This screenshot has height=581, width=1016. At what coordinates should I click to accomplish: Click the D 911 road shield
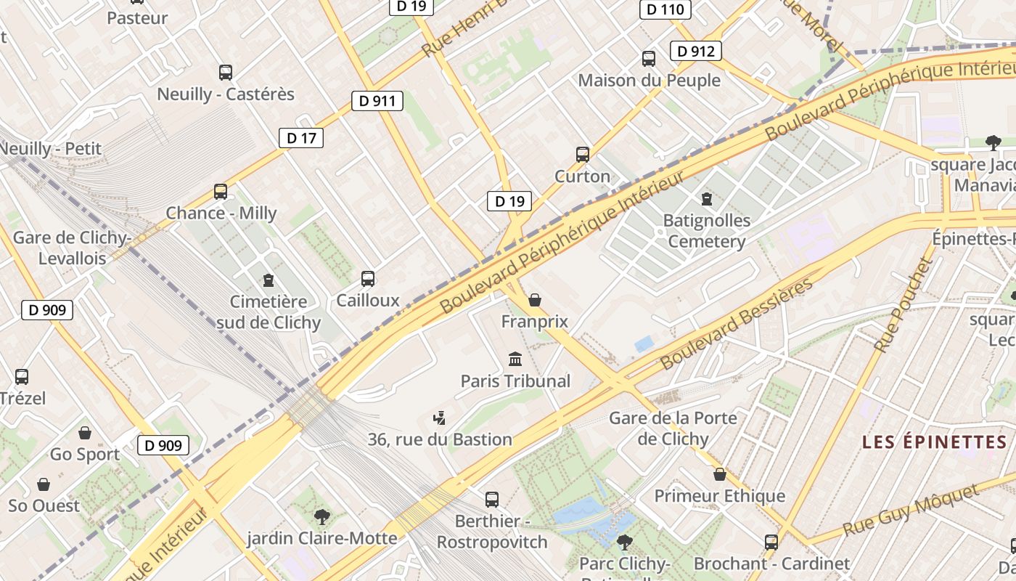point(377,101)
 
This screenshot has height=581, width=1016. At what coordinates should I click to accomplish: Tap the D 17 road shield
point(301,138)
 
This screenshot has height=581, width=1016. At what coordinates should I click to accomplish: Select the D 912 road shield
point(696,51)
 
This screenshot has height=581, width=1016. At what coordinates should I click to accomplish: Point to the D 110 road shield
point(665,9)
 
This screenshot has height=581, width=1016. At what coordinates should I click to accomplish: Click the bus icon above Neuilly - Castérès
point(226,73)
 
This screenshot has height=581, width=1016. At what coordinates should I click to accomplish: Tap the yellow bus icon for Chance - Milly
point(221,192)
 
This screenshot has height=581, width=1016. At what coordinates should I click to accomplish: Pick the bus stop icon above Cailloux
point(368,279)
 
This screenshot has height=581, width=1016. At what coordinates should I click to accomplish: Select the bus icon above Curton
point(583,155)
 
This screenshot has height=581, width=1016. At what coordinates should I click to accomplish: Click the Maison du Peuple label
point(649,81)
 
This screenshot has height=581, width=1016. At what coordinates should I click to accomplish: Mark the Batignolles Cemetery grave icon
point(707,198)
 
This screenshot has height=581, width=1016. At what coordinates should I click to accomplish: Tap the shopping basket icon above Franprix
point(535,300)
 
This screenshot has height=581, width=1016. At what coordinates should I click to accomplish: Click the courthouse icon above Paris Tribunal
point(516,359)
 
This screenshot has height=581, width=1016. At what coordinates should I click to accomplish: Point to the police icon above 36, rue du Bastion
point(439,418)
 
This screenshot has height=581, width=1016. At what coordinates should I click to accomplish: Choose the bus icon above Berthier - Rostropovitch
point(492,500)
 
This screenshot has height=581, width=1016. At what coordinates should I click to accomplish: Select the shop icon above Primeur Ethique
point(720,474)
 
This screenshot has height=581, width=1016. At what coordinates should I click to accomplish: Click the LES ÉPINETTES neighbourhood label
point(934,442)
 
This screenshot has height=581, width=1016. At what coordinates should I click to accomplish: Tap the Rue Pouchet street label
point(902,306)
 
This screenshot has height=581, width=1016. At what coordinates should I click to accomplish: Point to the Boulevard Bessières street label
point(737,325)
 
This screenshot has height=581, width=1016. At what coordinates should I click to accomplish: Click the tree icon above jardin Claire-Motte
point(322,516)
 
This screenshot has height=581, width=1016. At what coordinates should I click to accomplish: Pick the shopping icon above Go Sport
point(85,433)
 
